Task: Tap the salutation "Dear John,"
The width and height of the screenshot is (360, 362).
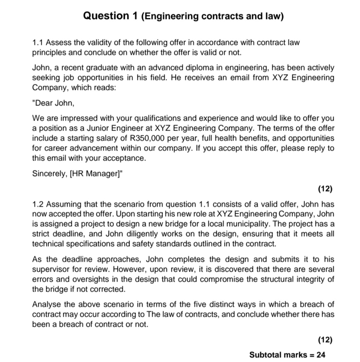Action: tap(53, 103)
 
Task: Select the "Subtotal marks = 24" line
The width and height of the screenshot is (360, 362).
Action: tap(287, 355)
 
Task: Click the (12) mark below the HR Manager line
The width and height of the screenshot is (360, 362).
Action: tap(325, 189)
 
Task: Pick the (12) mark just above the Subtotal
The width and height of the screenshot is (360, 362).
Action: tap(325, 340)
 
